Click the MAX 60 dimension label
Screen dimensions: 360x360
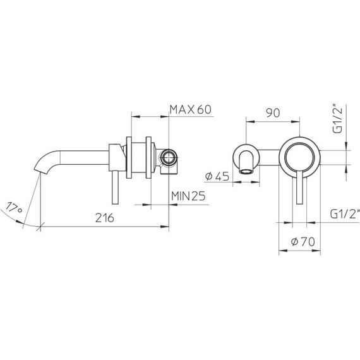(189, 109)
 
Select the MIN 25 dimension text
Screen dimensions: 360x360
(189, 196)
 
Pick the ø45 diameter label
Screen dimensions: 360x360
(217, 177)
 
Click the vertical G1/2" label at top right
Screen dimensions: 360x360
(339, 119)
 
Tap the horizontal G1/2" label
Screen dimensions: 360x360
(344, 213)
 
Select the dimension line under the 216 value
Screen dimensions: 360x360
(104, 225)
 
